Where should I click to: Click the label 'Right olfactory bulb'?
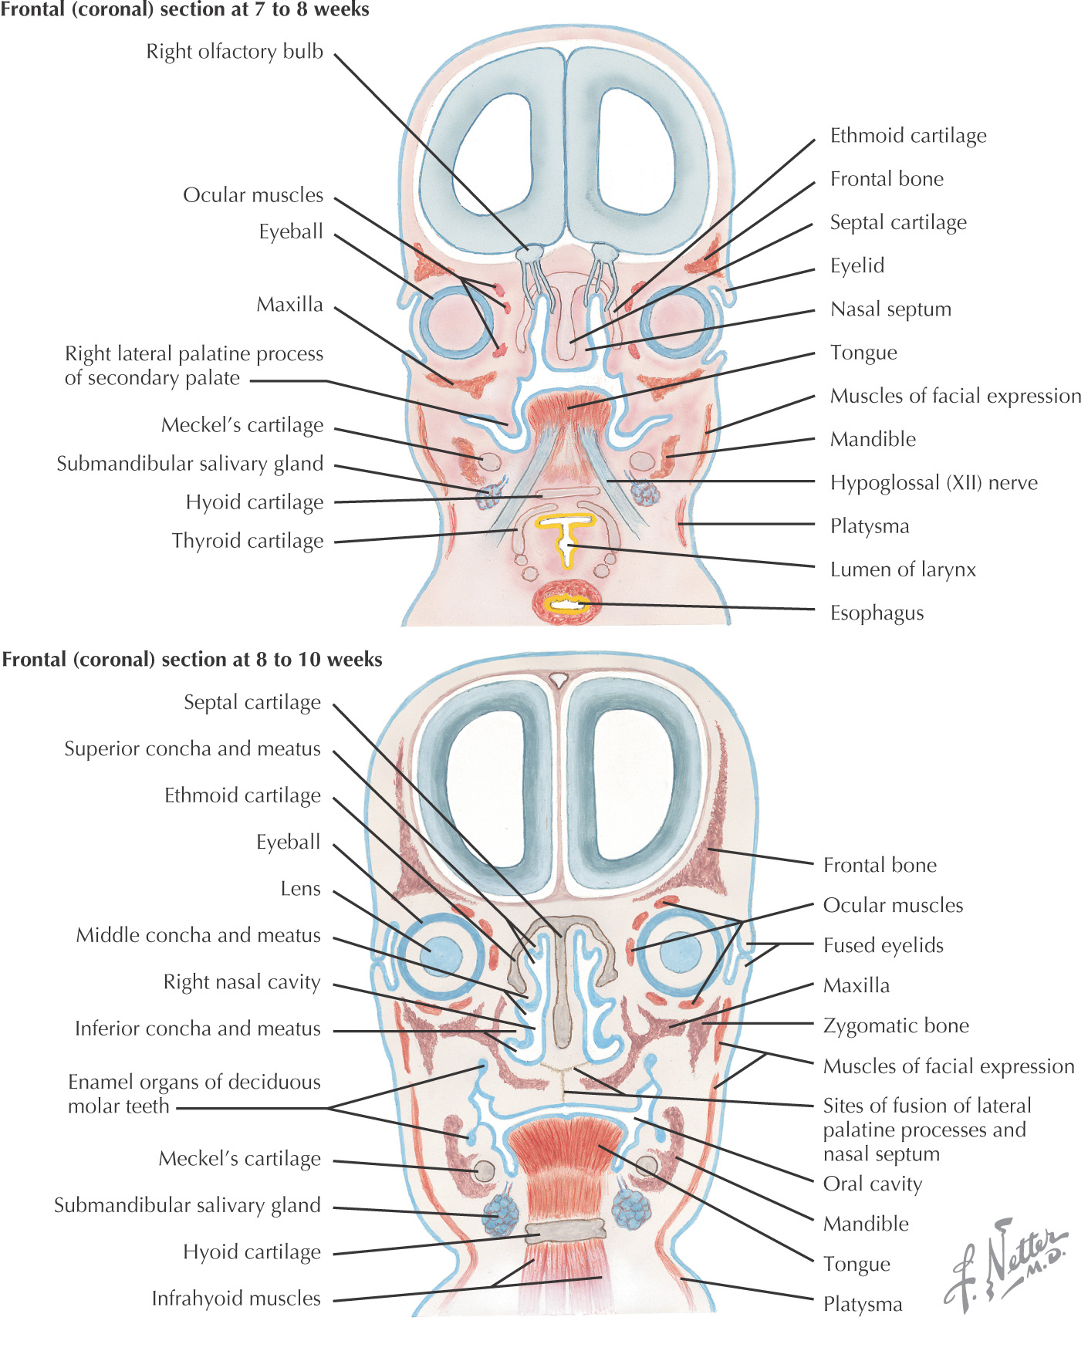click(x=235, y=52)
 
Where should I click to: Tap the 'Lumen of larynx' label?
click(x=903, y=569)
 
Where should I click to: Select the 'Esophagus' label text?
click(x=877, y=613)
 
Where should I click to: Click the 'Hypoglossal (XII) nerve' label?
click(x=934, y=483)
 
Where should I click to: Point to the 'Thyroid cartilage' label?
click(x=248, y=541)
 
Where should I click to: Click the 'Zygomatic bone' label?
click(x=896, y=1025)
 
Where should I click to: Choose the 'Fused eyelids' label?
click(x=883, y=945)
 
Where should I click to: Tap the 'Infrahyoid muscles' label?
click(x=236, y=1299)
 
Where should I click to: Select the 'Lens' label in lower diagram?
click(x=300, y=889)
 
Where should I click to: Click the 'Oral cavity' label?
click(x=873, y=1184)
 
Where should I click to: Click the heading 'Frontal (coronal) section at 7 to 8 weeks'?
click(x=185, y=10)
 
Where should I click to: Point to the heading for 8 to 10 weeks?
click(x=192, y=660)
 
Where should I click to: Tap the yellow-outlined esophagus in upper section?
click(x=569, y=603)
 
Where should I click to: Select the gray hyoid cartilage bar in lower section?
click(x=564, y=1229)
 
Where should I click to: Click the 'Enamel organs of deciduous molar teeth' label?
click(x=194, y=1094)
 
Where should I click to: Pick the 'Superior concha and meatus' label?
click(x=192, y=749)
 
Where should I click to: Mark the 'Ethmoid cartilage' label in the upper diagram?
click(x=908, y=136)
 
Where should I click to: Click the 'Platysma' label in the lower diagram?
click(x=863, y=1304)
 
